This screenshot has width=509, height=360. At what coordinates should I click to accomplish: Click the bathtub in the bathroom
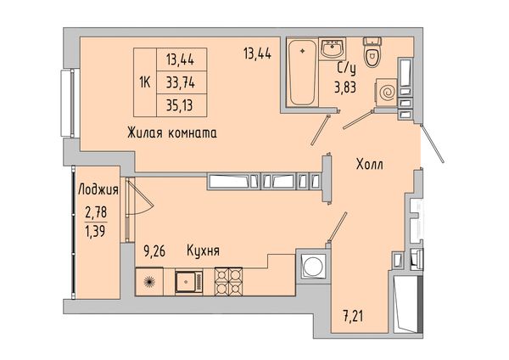303,72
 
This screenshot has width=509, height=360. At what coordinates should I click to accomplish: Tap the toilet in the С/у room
372,52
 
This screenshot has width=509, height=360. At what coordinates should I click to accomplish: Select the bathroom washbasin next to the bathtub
333,49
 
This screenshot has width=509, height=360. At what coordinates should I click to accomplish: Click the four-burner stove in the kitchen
228,281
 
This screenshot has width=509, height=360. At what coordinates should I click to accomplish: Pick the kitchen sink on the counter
189,281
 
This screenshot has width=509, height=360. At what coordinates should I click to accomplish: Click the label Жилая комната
172,133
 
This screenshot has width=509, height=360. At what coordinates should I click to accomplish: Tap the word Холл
369,165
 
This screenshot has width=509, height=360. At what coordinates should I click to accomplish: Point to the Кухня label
204,250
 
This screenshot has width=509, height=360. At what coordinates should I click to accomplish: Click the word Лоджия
98,189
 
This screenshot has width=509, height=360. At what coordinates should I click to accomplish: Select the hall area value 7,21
353,316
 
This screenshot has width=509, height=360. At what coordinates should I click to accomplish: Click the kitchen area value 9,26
154,251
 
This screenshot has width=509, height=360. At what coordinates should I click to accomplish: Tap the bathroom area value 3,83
345,87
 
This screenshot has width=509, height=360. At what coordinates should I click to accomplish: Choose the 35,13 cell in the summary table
182,105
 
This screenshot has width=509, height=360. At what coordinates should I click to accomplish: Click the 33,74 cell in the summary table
182,83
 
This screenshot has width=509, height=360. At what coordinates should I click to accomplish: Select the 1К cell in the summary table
145,83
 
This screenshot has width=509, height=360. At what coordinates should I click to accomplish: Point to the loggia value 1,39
95,231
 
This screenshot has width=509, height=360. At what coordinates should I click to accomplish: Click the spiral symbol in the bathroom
387,93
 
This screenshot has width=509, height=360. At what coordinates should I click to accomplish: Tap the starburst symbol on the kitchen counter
149,281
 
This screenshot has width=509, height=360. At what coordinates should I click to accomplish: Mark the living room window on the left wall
70,103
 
